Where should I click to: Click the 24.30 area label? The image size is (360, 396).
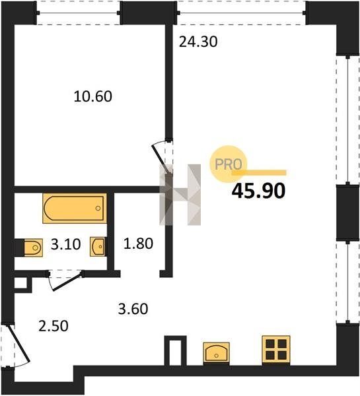pos(198,42)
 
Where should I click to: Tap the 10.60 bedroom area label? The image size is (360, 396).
pos(92,96)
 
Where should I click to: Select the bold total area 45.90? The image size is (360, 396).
pos(258,191)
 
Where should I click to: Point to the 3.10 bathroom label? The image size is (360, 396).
pos(66,244)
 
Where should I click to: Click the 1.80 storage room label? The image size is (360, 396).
pos(138,244)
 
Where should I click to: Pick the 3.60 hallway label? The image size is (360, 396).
pos(133,309)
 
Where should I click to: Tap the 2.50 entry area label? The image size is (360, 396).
pos(54,326)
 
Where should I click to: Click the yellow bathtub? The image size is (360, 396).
pos(75,209)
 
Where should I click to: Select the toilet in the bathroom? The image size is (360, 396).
pos(33,247)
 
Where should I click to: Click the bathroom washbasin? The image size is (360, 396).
pos(98,246)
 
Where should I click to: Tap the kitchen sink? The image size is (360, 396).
pos(216,352)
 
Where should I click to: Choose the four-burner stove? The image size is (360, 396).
pos(276,350)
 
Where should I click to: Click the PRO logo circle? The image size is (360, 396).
pos(228,164)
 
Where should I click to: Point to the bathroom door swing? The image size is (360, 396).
pos(66,280)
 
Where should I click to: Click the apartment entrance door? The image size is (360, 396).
pos(18,344)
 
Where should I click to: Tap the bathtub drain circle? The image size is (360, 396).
pos(98,209)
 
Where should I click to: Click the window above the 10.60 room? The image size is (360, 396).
pos(79,13)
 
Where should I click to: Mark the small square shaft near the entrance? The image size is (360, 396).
pos(20,283)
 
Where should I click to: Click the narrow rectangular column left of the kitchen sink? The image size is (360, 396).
pos(175,350)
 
